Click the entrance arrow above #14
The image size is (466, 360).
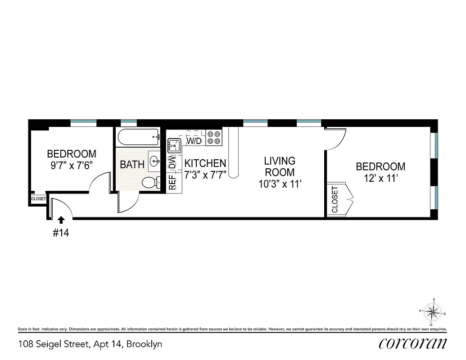[x=61, y=220]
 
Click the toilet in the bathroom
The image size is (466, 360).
[x=149, y=183]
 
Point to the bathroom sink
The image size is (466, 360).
[x=155, y=160]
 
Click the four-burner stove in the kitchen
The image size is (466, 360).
[x=214, y=138]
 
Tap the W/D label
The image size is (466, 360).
[x=194, y=141]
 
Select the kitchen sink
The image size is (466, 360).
[x=173, y=145]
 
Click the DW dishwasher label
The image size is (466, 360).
[x=172, y=163]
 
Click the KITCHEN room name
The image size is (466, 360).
[x=205, y=163]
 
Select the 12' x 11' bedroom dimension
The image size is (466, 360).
[x=380, y=178]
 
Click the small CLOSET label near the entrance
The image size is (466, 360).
[x=39, y=198]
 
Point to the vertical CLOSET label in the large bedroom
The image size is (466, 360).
[x=335, y=199]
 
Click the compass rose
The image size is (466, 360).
[x=432, y=311]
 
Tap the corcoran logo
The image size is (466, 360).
[x=412, y=343]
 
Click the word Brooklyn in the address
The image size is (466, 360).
[x=144, y=344]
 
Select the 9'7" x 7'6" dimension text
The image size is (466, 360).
[x=72, y=165]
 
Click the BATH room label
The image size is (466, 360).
[x=132, y=165]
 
